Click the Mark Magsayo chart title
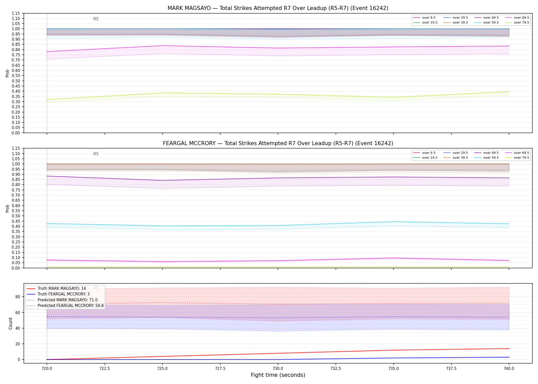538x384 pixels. (278, 8)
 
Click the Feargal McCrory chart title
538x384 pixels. (278, 143)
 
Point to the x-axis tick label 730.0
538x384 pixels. (278, 369)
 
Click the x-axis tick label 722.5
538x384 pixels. (105, 369)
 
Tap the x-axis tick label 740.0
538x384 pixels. (509, 369)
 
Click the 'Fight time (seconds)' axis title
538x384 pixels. (278, 375)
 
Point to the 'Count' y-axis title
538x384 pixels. (11, 323)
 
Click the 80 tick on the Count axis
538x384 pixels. (17, 297)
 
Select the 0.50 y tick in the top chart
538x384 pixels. (16, 81)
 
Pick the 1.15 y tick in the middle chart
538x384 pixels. (16, 148)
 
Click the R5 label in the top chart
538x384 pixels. (96, 19)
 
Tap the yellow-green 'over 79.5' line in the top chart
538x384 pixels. (278, 94)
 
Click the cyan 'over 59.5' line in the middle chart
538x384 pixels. (278, 226)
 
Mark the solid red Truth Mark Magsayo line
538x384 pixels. (278, 353)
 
